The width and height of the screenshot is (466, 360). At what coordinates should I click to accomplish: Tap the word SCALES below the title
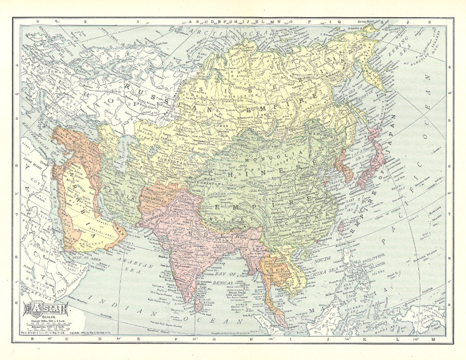[x=45, y=319]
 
